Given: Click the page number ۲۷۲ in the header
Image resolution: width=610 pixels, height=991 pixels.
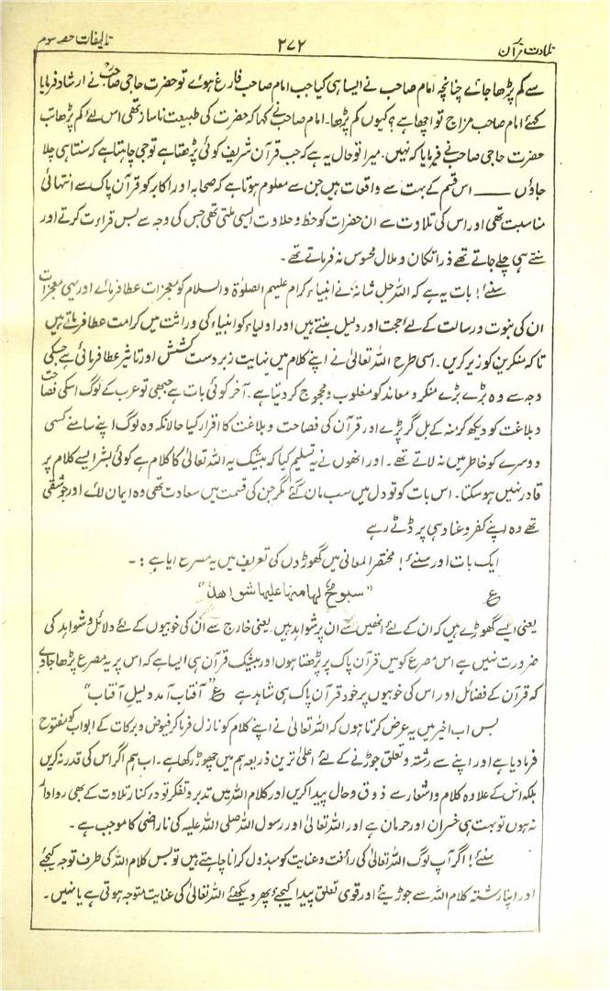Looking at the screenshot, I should (x=304, y=43).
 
